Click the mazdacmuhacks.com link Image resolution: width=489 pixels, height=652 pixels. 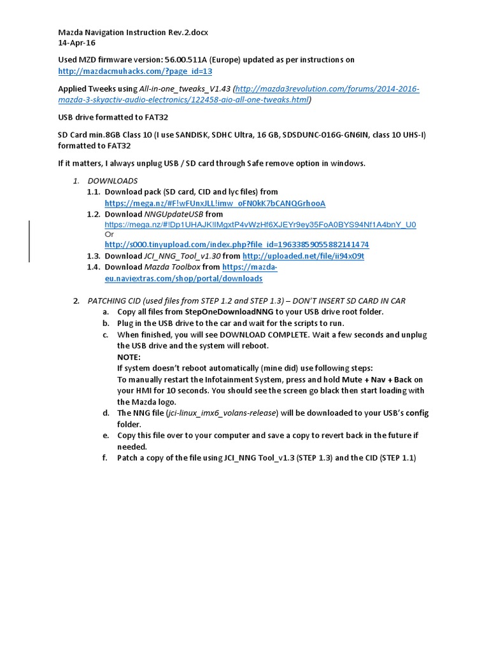click(x=135, y=71)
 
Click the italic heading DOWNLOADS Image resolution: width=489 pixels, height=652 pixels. click(x=112, y=181)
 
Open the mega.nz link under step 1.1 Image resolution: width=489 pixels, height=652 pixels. click(x=215, y=203)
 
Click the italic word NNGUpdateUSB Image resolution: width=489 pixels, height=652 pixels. click(x=165, y=215)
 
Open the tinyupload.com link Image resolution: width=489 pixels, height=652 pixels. click(x=236, y=244)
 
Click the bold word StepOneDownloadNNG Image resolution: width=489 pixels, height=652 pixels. click(x=229, y=312)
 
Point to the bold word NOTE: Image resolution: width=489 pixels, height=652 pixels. click(x=129, y=357)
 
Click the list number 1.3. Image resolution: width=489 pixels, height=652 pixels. click(x=94, y=256)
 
